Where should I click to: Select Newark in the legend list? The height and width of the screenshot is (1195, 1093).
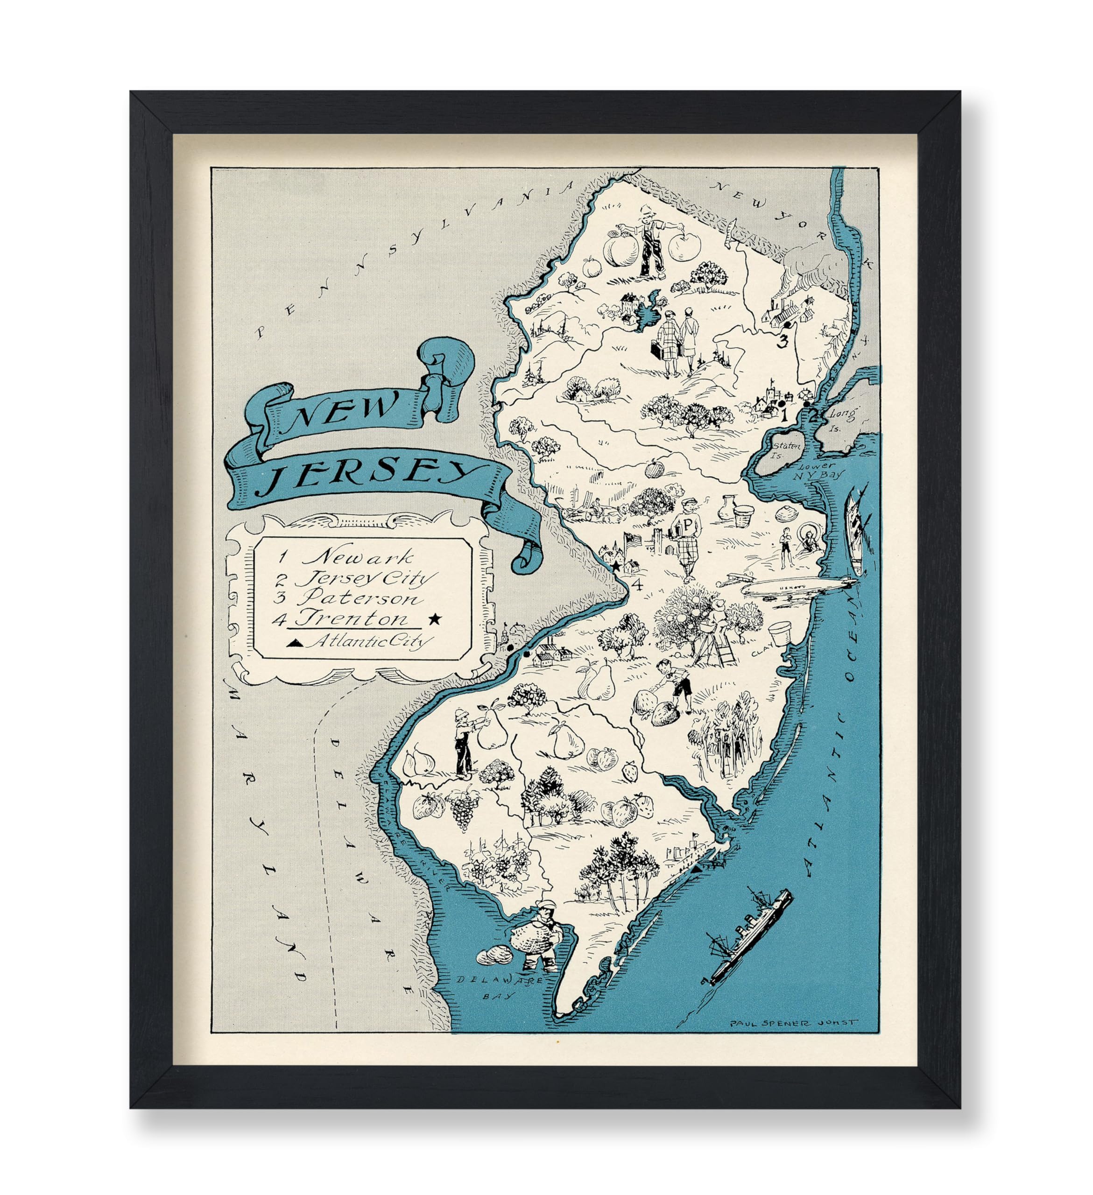click(x=358, y=557)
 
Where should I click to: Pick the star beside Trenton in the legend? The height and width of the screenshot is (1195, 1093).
click(x=435, y=619)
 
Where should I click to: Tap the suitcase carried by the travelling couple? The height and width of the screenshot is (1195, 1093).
click(x=658, y=350)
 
